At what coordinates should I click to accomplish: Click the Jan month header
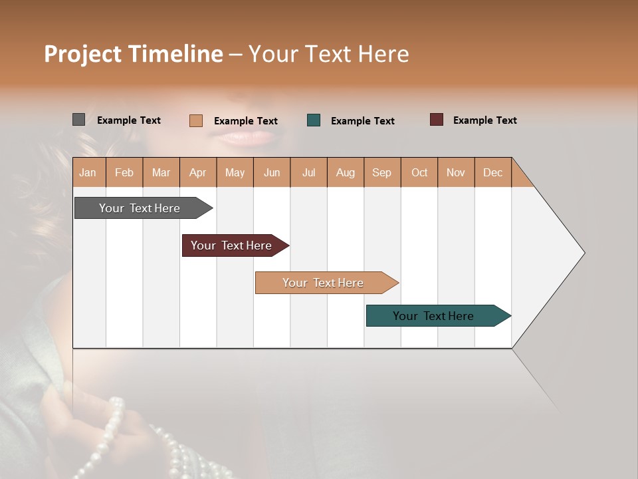click(88, 172)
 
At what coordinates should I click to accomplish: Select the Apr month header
click(197, 172)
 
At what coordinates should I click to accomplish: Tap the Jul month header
click(308, 172)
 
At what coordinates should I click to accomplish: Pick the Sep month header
click(381, 172)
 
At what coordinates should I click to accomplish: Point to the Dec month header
click(492, 172)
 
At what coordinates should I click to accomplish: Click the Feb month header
click(124, 172)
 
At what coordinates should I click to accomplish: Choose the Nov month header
click(455, 172)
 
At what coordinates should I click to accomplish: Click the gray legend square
click(78, 120)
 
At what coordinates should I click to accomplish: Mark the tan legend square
click(195, 120)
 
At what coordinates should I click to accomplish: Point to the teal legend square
click(314, 120)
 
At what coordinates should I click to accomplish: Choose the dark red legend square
click(436, 120)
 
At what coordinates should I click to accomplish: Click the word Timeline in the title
click(175, 54)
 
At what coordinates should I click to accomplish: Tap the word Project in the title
click(82, 54)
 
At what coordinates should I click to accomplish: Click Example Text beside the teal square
click(362, 121)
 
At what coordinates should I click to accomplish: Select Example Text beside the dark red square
click(484, 120)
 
